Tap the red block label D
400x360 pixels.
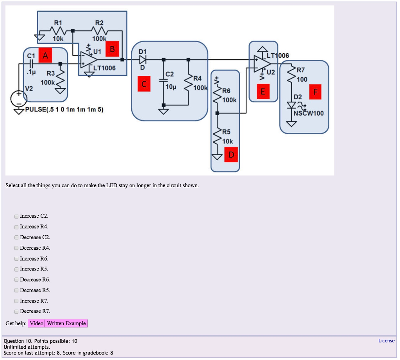(x=231, y=155)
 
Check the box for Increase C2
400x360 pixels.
(x=16, y=216)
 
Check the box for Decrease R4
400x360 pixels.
(x=16, y=248)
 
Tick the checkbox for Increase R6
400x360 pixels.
(x=16, y=259)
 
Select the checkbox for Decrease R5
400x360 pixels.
(x=16, y=290)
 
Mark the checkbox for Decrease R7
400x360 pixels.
(x=16, y=312)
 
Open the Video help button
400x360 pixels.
(x=36, y=323)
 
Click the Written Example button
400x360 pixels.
(x=66, y=323)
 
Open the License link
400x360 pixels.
(x=386, y=341)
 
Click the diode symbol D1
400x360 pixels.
(x=143, y=60)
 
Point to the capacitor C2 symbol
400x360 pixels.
(x=163, y=80)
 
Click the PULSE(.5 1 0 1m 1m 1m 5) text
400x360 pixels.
(x=64, y=110)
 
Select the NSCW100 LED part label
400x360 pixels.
(x=309, y=114)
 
